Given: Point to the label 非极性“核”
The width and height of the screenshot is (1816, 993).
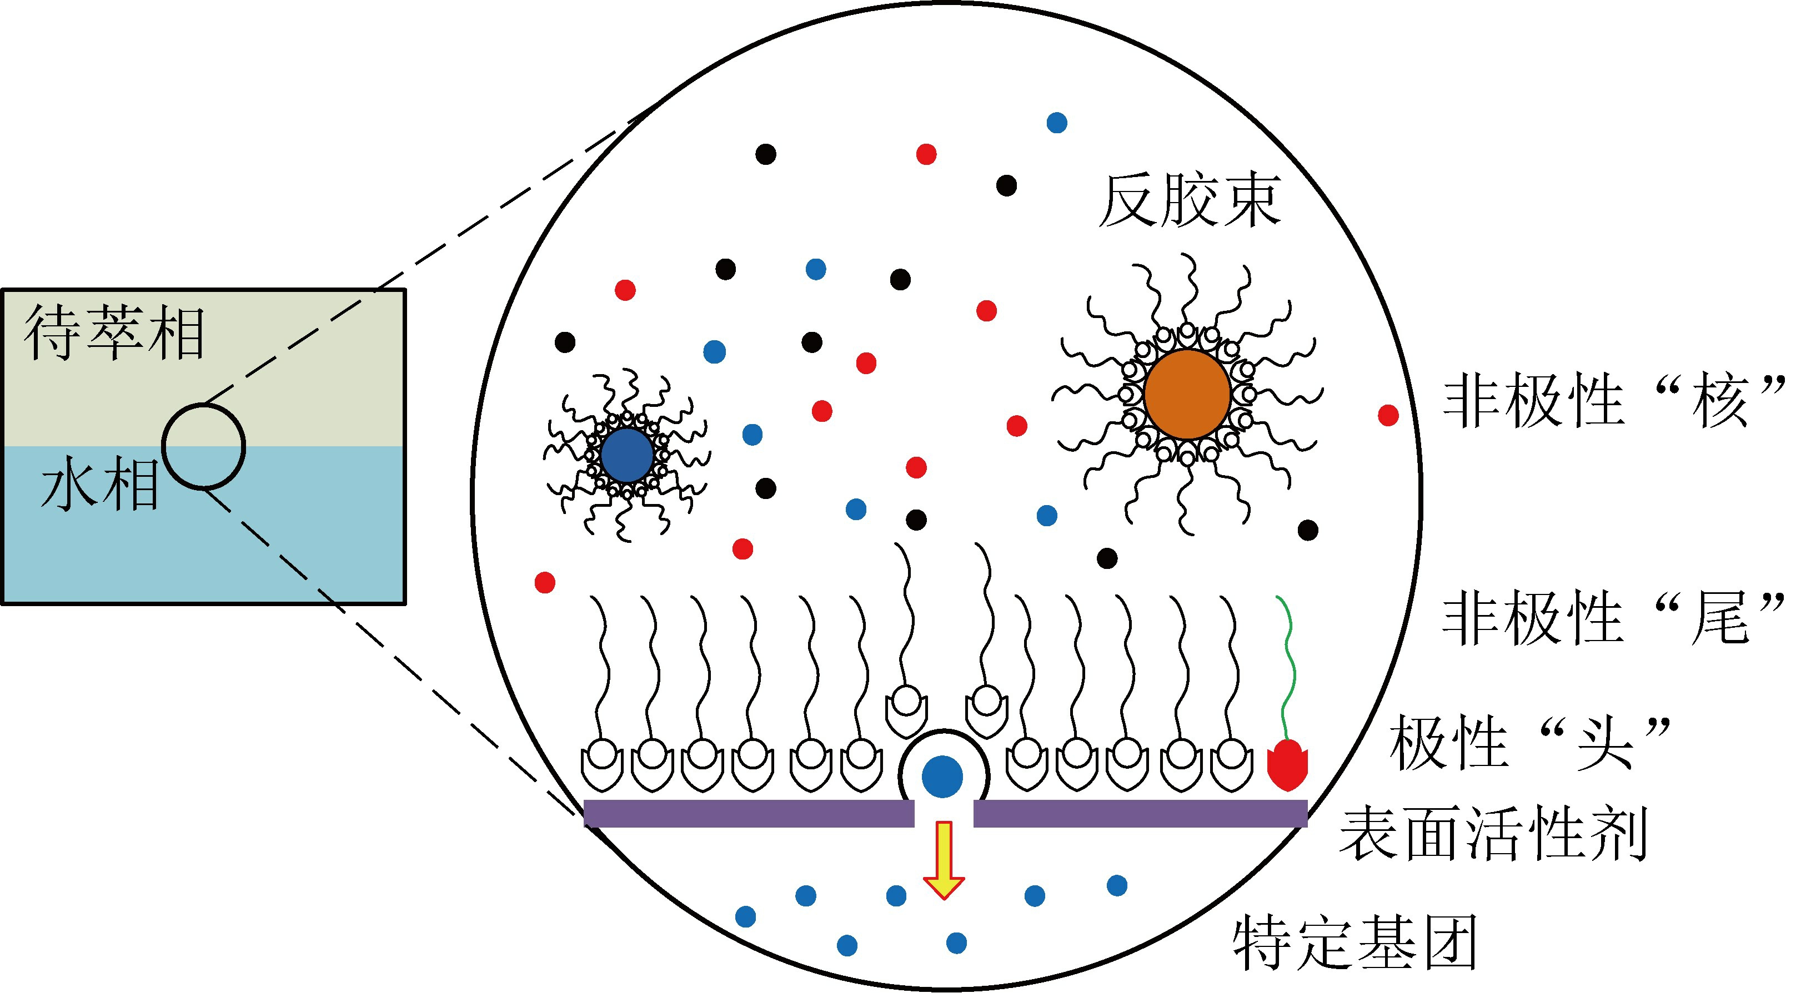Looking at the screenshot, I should click(1614, 402).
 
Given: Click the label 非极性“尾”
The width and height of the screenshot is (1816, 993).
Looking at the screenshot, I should click(1614, 618).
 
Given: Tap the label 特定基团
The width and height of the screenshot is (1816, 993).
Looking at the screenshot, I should click(1355, 943).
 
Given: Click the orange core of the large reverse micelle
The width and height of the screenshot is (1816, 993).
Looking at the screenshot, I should click(1187, 395).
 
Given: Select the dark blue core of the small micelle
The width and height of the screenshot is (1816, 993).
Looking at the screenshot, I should click(627, 455).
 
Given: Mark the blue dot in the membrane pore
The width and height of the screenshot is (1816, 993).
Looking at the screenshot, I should click(942, 776).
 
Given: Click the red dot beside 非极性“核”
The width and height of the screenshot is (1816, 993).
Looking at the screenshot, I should click(1388, 415).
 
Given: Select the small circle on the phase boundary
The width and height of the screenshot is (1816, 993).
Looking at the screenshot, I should click(204, 446).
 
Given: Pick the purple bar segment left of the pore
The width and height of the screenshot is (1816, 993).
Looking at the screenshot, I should click(749, 813).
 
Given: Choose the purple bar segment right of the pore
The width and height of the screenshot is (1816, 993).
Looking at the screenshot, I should click(1140, 813).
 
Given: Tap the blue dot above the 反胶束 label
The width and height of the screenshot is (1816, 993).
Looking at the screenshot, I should click(1057, 123).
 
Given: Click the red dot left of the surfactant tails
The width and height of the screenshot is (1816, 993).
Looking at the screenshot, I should click(545, 582).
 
